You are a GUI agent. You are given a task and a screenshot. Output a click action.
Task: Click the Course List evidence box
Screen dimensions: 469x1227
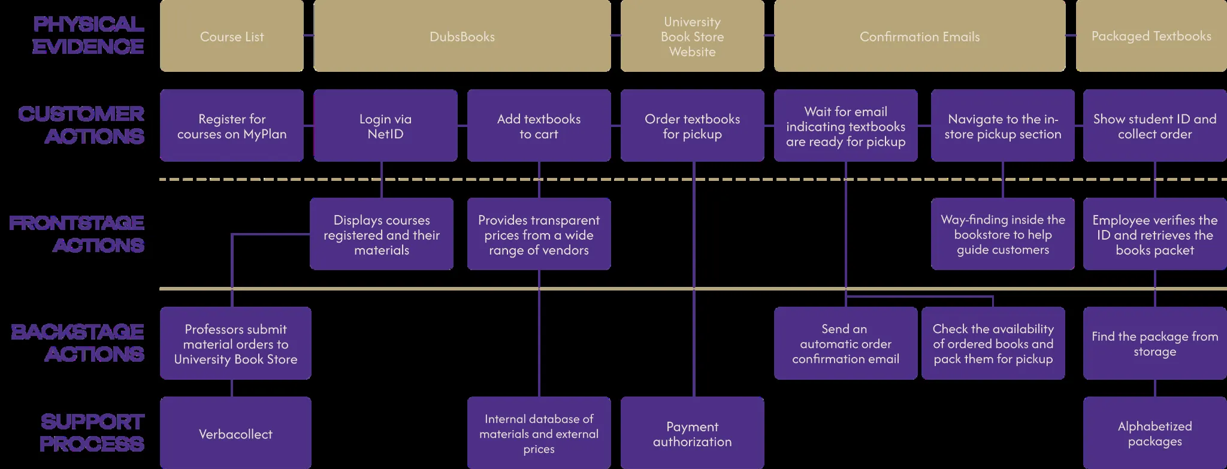pyautogui.click(x=231, y=37)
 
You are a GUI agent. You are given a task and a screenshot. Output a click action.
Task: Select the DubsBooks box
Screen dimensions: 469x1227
pyautogui.click(x=462, y=37)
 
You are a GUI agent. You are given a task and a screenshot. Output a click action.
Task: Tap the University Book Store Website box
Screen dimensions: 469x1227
pyautogui.click(x=692, y=37)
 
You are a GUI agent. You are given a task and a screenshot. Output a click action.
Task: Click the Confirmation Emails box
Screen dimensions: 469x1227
pyautogui.click(x=920, y=37)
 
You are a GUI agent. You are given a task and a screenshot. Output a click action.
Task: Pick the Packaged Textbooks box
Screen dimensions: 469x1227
pyautogui.click(x=1151, y=37)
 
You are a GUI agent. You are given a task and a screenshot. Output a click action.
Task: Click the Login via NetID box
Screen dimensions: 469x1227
pyautogui.click(x=385, y=126)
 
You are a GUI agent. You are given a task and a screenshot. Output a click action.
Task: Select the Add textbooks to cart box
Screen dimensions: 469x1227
pyautogui.click(x=539, y=126)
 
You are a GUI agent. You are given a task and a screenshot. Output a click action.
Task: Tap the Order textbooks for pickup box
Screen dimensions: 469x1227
pyautogui.click(x=692, y=126)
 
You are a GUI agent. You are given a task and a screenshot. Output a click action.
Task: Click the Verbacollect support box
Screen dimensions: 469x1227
pyautogui.click(x=235, y=434)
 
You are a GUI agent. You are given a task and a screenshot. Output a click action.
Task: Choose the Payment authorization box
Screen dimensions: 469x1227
pyautogui.click(x=692, y=434)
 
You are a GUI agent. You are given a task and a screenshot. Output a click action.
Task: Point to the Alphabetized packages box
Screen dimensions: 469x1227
pyautogui.click(x=1155, y=434)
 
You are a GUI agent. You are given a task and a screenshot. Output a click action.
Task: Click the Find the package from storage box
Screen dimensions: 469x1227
pyautogui.click(x=1155, y=343)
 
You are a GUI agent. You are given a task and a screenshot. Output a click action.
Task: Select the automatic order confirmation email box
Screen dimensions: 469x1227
pyautogui.click(x=845, y=343)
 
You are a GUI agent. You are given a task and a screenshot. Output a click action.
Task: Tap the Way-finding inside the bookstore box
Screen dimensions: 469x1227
pyautogui.click(x=1002, y=234)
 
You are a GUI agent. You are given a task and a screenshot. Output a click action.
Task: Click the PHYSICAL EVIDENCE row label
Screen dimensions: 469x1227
pyautogui.click(x=88, y=35)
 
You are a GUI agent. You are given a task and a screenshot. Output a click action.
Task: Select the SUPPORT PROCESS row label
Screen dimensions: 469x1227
pyautogui.click(x=92, y=432)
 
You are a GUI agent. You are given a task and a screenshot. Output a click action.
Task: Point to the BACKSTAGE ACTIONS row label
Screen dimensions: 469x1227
pyautogui.click(x=78, y=343)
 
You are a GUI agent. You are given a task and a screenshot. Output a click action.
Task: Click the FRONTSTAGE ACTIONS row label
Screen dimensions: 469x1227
pyautogui.click(x=77, y=234)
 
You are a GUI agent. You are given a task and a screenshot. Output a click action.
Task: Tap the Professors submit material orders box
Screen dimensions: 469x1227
pyautogui.click(x=235, y=343)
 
